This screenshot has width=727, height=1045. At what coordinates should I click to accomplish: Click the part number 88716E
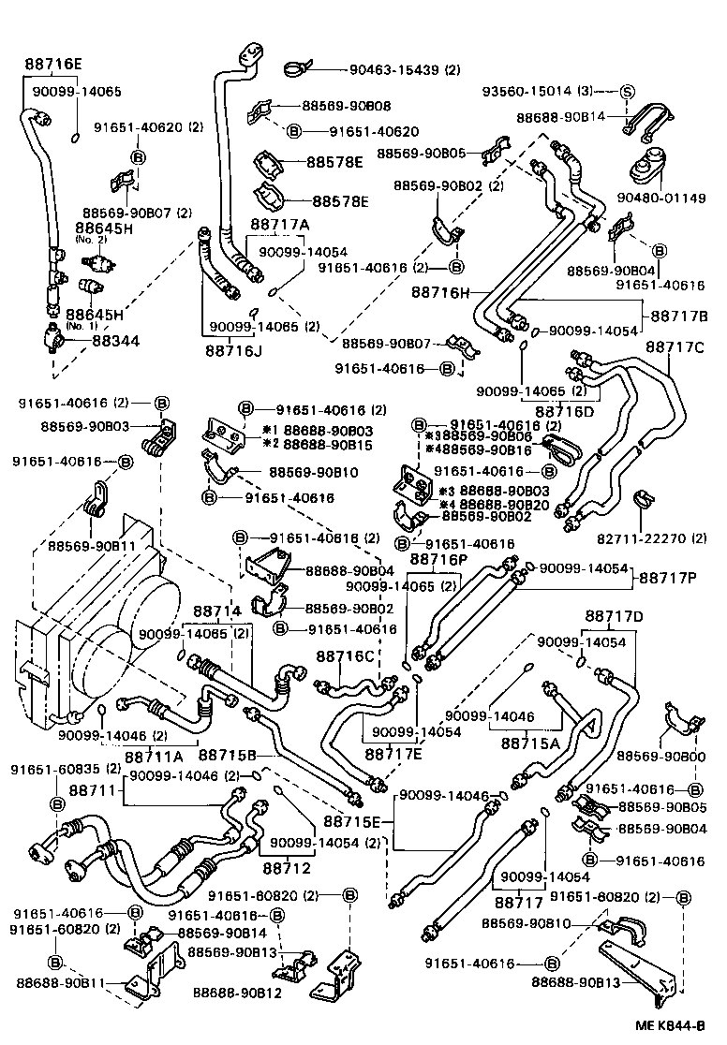[x=52, y=64]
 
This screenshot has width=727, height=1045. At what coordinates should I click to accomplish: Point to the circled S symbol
[x=627, y=91]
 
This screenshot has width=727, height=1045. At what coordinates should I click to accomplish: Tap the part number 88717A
[x=279, y=226]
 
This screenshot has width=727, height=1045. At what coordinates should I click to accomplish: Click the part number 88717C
[x=674, y=347]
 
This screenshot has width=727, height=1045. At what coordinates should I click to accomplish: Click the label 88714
[x=216, y=611]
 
